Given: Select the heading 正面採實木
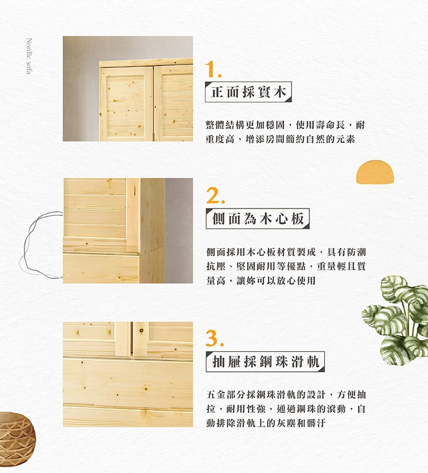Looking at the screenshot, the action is click(248, 92).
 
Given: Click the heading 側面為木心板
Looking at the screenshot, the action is click(258, 218).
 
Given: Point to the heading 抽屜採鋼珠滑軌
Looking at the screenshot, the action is click(265, 362).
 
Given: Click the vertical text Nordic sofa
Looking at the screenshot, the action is click(29, 56).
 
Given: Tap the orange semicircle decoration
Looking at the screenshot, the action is click(375, 171).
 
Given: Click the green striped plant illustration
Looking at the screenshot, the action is click(397, 320).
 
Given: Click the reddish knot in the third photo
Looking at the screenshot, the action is click(141, 331).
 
